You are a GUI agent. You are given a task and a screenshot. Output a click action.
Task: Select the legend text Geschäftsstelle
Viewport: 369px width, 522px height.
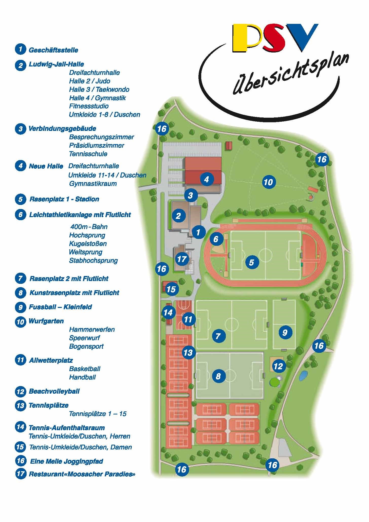tap(53, 50)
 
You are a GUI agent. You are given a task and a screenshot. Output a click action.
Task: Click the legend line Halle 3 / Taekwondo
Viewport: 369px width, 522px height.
tap(99, 90)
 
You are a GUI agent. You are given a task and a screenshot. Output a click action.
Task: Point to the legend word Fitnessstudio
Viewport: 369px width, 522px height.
tap(89, 106)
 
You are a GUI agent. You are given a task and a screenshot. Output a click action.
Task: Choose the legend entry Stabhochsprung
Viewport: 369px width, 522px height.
tap(93, 260)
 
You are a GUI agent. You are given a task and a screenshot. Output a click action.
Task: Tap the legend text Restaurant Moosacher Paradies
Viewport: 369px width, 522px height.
tap(82, 474)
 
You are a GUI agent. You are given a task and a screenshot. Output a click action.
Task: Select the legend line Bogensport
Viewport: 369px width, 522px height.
tap(86, 346)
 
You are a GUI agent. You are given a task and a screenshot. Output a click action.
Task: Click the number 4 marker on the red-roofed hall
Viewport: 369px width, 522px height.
tap(207, 179)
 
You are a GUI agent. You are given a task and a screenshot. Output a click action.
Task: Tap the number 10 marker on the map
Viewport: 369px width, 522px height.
tap(268, 182)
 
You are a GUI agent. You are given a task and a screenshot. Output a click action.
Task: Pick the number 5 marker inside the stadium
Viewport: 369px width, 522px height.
tap(251, 262)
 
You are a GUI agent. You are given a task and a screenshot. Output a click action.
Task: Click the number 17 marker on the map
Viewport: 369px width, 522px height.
tap(182, 259)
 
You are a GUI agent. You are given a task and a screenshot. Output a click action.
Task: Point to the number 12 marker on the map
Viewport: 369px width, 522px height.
tap(278, 366)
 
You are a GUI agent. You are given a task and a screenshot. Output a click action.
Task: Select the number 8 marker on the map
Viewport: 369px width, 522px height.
tap(218, 376)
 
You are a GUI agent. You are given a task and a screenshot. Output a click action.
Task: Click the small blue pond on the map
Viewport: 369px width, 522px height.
tap(303, 376)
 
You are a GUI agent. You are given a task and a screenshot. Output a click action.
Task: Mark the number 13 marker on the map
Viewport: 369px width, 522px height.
tap(188, 352)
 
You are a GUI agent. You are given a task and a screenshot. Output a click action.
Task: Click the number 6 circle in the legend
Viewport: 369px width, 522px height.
tap(21, 215)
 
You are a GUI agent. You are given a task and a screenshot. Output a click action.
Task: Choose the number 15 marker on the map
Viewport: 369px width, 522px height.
tap(171, 289)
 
